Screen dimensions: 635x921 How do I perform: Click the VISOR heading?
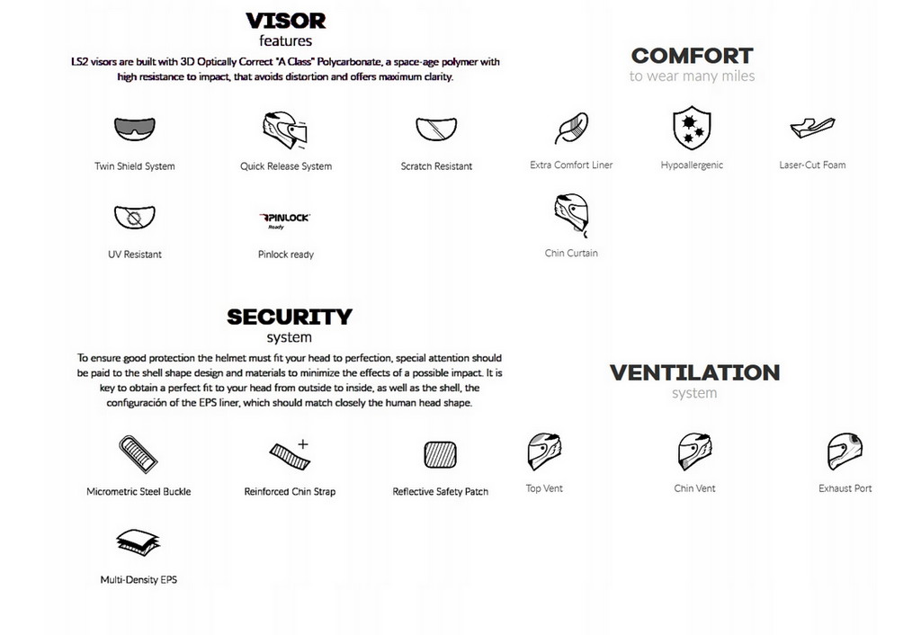(x=286, y=20)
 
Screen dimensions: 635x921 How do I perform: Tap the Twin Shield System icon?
(x=135, y=130)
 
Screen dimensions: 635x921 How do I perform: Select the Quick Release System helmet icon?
(x=284, y=131)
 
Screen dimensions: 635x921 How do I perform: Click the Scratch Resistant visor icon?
(x=436, y=130)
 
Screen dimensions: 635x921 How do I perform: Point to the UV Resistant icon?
(x=135, y=218)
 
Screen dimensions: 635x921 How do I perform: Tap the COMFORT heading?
(x=692, y=56)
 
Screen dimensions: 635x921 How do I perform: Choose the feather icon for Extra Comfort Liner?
(x=571, y=129)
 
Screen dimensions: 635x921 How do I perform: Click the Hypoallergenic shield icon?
(x=692, y=128)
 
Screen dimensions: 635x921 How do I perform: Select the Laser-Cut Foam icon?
(x=811, y=128)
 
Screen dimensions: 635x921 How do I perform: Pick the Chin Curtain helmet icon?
(x=571, y=216)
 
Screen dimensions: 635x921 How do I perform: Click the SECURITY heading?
(x=289, y=317)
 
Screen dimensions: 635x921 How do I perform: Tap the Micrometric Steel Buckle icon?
(x=138, y=454)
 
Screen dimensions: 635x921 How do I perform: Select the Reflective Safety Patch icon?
(x=441, y=455)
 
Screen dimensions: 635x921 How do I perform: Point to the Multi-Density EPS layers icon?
(x=138, y=543)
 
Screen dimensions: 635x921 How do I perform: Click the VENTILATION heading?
(x=694, y=372)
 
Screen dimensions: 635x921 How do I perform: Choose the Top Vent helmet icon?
(x=544, y=452)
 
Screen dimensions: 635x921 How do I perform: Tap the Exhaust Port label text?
(x=845, y=488)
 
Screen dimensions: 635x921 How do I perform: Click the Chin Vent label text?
(x=694, y=488)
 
